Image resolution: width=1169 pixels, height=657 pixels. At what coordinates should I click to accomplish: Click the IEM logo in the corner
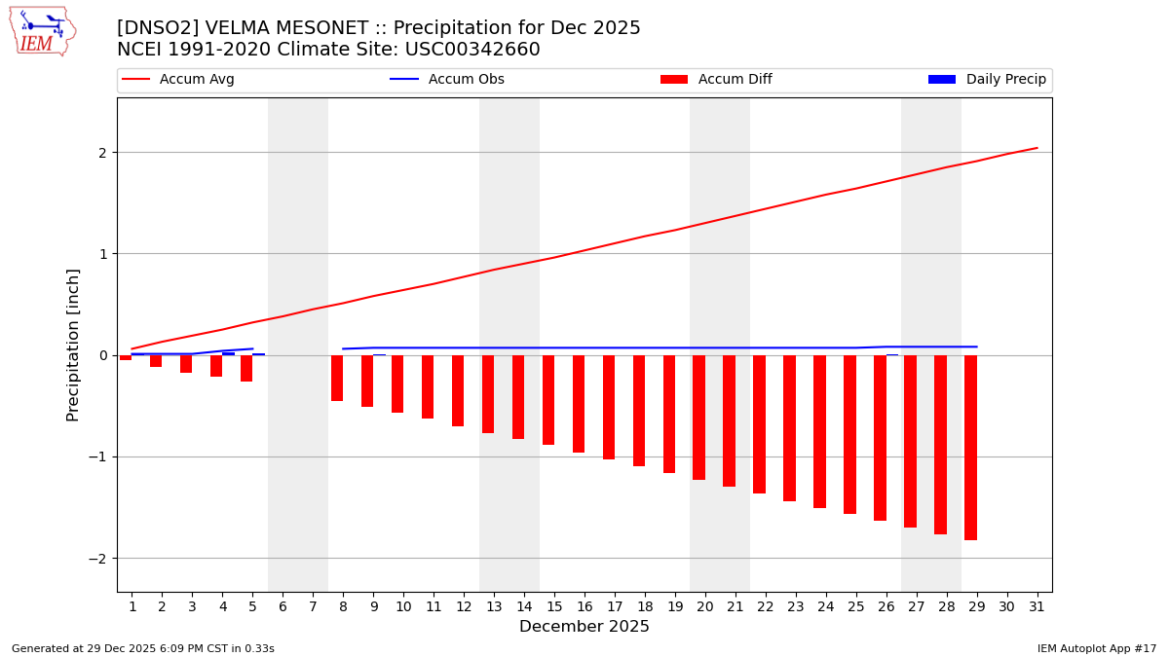42,31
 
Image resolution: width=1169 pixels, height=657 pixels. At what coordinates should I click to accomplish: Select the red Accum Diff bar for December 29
970,447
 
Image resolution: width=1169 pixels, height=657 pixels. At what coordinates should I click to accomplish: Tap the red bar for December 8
337,378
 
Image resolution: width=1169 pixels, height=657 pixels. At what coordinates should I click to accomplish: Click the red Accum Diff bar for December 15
548,399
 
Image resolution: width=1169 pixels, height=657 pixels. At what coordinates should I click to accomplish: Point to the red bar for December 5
246,368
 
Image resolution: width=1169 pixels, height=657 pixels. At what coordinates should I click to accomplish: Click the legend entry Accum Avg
179,80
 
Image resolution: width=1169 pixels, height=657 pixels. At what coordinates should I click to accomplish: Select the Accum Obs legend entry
448,80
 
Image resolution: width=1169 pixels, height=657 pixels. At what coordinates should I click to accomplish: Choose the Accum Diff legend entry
717,80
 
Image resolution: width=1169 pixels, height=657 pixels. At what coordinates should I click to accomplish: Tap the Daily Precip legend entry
988,80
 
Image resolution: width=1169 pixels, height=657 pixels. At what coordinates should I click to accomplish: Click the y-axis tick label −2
100,559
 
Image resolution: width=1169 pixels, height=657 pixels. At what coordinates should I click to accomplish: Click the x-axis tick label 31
1037,606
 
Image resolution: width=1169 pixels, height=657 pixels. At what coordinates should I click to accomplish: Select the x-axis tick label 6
283,606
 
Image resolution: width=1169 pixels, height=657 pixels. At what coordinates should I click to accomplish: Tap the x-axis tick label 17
609,606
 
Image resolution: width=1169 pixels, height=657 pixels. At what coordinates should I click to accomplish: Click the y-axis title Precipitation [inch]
73,345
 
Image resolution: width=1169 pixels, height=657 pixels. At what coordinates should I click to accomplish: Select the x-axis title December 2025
584,627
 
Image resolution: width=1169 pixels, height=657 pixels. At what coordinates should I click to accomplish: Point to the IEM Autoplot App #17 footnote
1096,648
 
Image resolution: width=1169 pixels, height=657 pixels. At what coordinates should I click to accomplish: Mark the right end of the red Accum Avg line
1037,148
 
